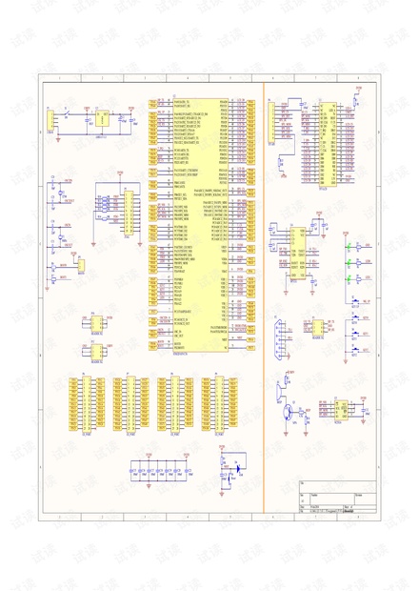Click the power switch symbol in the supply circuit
74,115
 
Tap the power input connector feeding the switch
50,121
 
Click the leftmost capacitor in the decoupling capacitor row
135,471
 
